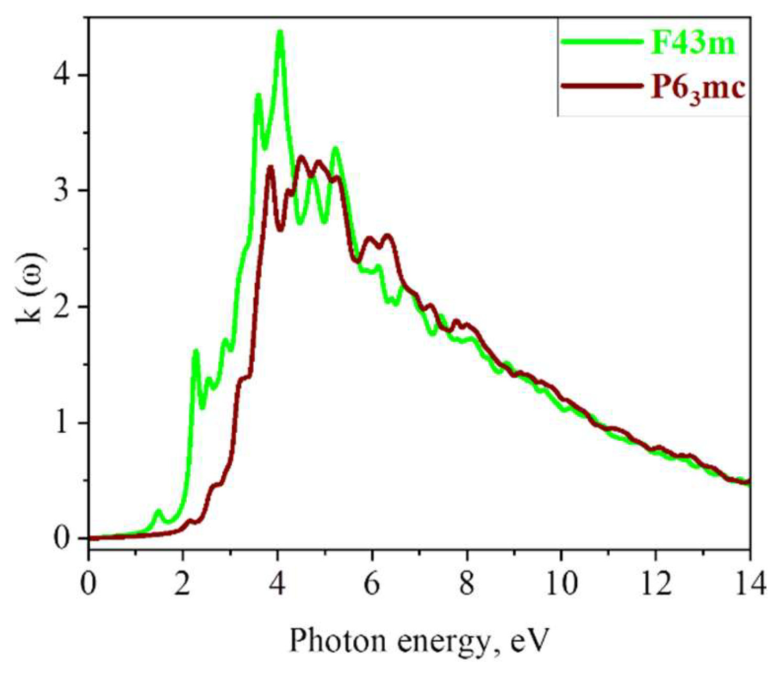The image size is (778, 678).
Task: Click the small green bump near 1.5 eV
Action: tap(158, 511)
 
